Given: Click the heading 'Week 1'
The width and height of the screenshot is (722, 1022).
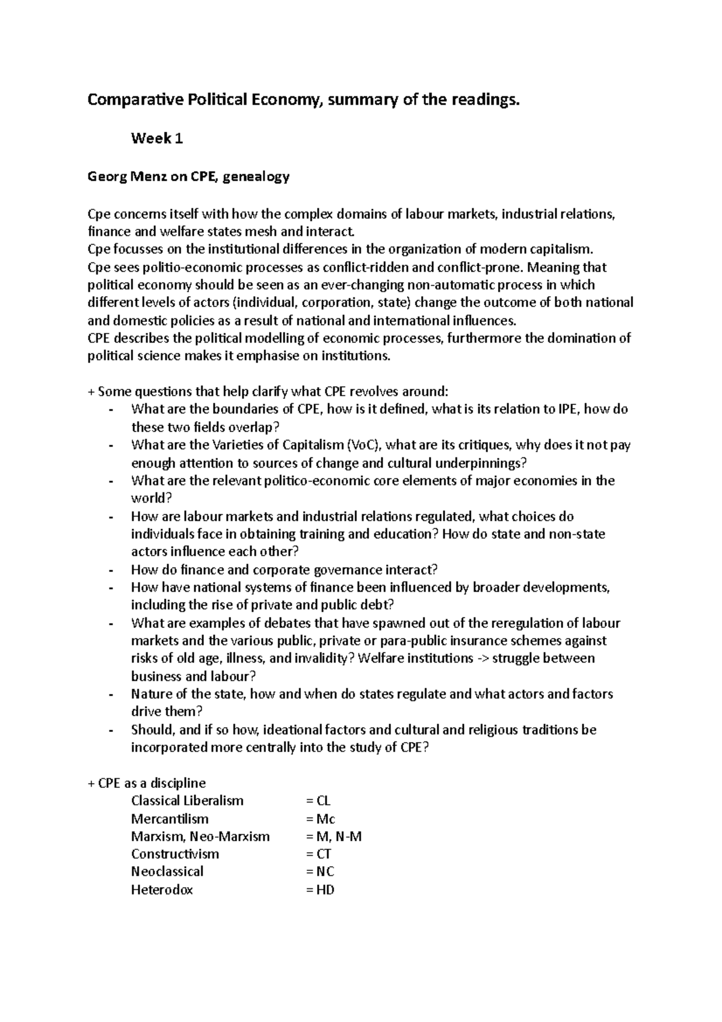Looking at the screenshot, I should pos(156,139).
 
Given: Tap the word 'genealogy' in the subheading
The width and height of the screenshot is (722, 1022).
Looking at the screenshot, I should pos(260,177).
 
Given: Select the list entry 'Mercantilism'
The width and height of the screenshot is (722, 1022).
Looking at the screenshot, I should pos(170,819).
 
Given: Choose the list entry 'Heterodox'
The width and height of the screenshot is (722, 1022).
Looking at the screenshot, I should pos(162,890).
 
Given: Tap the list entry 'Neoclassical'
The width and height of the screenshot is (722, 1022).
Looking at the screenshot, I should pos(167,872).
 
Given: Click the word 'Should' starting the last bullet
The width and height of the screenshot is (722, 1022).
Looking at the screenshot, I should pos(152,730).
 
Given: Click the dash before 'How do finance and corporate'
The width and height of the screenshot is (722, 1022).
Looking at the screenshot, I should pos(111,571).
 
